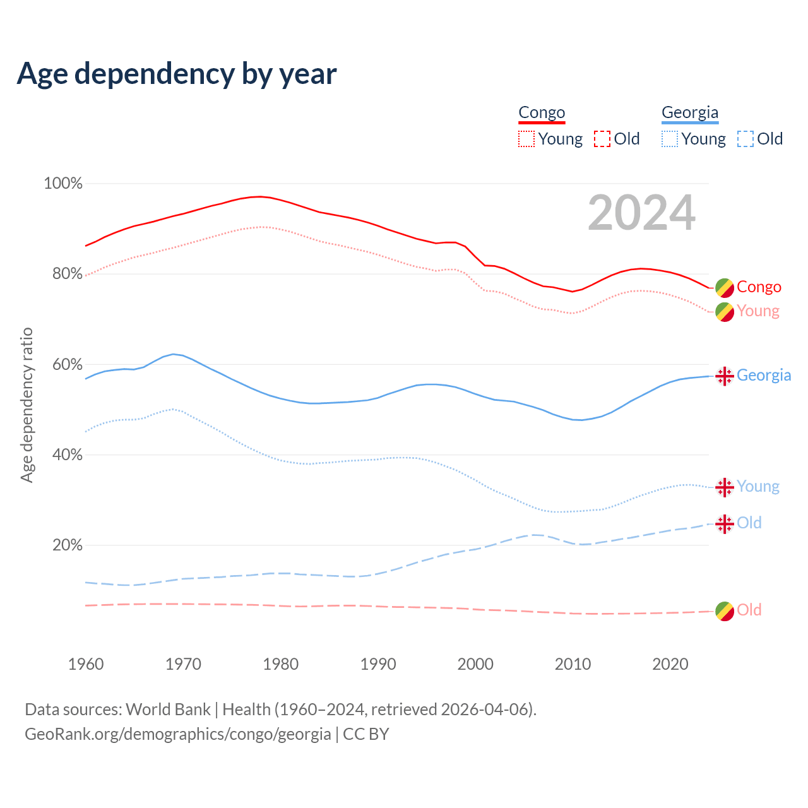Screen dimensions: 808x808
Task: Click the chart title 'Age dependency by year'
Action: click(x=177, y=74)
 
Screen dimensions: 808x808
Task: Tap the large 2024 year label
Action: click(x=641, y=213)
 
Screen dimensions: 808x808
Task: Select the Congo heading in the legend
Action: click(x=542, y=113)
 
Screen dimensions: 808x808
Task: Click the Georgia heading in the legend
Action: click(x=690, y=113)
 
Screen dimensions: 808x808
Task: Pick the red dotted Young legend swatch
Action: click(x=526, y=139)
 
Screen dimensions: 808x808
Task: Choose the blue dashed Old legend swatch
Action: click(x=745, y=139)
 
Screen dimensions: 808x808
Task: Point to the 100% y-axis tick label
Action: click(x=63, y=184)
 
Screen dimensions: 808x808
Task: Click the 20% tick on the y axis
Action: click(x=67, y=545)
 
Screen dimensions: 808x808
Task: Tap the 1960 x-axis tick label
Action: click(x=86, y=664)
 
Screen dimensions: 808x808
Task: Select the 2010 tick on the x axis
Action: click(x=573, y=664)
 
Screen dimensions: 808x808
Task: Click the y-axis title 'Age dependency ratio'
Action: click(x=27, y=405)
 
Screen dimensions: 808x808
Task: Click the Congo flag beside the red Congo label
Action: click(x=725, y=287)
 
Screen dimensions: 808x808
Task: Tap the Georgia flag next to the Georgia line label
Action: click(x=725, y=376)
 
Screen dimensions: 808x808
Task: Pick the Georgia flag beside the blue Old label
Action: click(x=725, y=523)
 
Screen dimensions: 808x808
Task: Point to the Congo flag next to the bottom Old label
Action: click(x=725, y=610)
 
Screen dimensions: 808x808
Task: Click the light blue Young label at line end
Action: click(x=758, y=487)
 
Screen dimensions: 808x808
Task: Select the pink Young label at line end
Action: click(x=758, y=311)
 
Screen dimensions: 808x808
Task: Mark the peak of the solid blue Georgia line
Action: click(x=173, y=354)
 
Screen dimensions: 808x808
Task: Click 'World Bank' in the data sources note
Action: click(x=168, y=710)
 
